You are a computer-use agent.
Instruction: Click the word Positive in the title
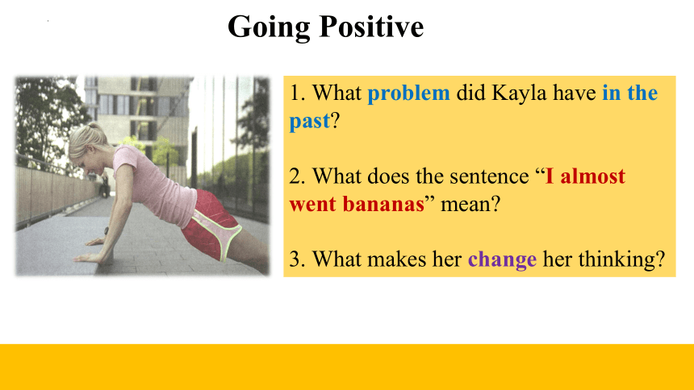point(371,27)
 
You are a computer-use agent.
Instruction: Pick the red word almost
point(592,176)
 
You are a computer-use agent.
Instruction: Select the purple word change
point(503,259)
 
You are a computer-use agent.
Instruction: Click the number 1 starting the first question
point(294,93)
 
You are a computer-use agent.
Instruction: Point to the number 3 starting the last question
point(295,259)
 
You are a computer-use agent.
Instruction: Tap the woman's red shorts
point(211,225)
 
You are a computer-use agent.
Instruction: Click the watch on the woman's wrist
point(107,230)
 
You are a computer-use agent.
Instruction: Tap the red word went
point(313,205)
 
